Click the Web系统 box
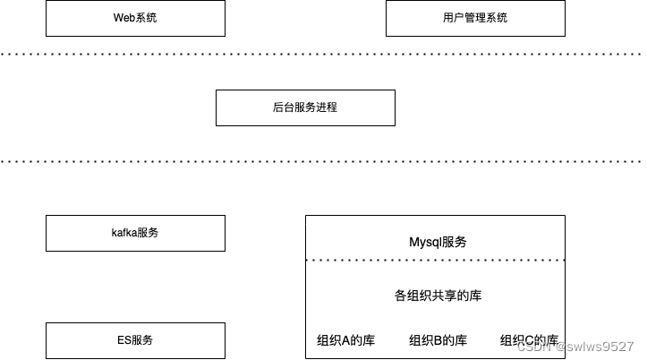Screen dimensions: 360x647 pos(135,18)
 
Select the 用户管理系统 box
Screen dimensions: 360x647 pos(475,18)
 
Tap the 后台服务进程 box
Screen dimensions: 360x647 pos(305,107)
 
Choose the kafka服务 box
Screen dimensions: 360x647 pos(135,233)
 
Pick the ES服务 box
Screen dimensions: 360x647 pos(135,340)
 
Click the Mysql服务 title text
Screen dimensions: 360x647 pos(438,242)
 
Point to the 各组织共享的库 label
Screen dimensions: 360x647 pos(438,296)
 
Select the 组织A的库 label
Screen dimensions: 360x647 pos(346,340)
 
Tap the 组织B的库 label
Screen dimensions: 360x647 pos(438,340)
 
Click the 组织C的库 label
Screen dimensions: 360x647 pos(529,340)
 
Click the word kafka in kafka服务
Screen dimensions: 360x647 pos(124,233)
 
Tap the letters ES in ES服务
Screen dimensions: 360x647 pos(124,340)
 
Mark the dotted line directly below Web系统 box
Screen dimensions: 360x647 pos(135,54)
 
